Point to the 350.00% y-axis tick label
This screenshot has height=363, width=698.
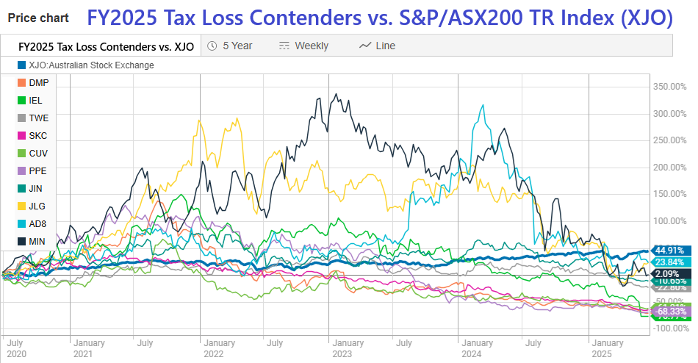pyautogui.click(x=669, y=87)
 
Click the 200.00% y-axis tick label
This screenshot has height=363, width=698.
pyautogui.click(x=669, y=167)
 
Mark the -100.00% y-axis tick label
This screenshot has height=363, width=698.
pyautogui.click(x=669, y=328)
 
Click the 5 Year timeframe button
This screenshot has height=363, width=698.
pyautogui.click(x=230, y=46)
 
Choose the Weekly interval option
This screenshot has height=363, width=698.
pyautogui.click(x=304, y=46)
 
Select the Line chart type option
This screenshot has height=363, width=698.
pyautogui.click(x=378, y=46)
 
